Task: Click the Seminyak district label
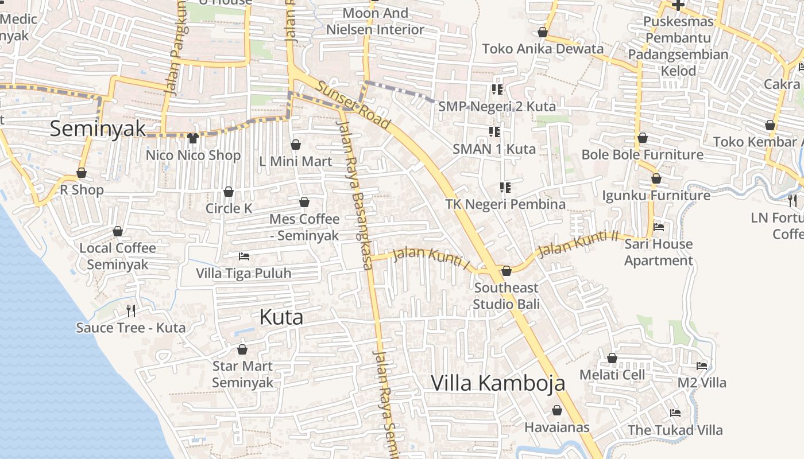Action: pos(98,128)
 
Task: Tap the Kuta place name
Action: pos(281,317)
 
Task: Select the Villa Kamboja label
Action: pos(498,383)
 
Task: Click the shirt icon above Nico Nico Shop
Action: pos(193,138)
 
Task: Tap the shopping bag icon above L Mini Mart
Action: pos(296,144)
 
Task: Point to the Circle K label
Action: pos(229,208)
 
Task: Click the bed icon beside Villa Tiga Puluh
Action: pos(244,256)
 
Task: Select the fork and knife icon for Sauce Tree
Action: pos(131,311)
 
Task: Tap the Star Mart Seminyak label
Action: pos(242,374)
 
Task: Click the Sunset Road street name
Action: pos(354,106)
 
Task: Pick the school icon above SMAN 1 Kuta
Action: pos(494,132)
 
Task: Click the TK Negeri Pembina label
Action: pos(505,204)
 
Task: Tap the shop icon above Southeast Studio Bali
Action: pos(507,271)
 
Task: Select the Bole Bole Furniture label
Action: pos(642,154)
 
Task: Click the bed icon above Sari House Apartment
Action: pos(659,227)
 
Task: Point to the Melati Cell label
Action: pos(612,375)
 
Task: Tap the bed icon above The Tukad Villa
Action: pos(675,413)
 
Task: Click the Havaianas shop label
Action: pos(556,427)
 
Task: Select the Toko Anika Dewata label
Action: pos(543,49)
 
